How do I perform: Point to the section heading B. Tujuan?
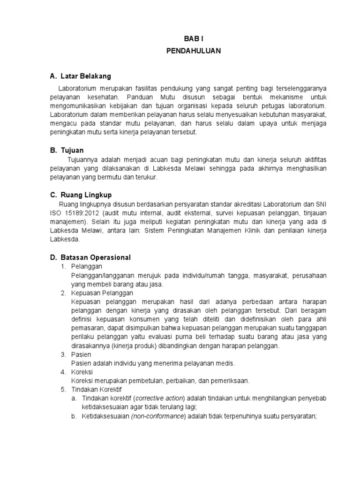(67, 150)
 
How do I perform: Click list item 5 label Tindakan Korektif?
(96, 389)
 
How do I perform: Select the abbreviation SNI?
(322, 204)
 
